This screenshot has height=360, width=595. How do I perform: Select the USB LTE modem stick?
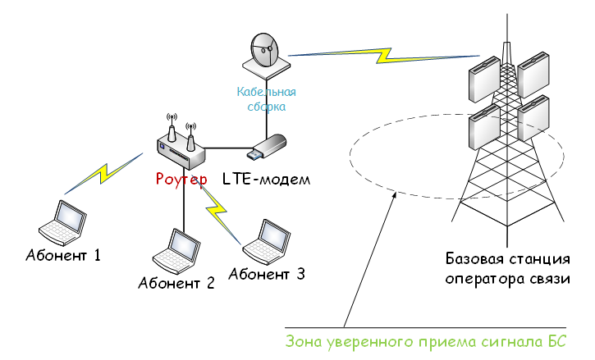click(268, 147)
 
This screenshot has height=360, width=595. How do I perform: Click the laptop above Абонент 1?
click(62, 221)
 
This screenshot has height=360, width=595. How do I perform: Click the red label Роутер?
click(182, 179)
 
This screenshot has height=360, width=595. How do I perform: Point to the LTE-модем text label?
click(267, 179)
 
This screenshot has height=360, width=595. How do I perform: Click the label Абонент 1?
click(62, 255)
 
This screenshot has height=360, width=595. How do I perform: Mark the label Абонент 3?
click(268, 274)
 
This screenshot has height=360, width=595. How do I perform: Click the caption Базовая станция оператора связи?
click(507, 270)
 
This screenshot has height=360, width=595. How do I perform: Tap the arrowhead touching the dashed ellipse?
click(393, 195)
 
